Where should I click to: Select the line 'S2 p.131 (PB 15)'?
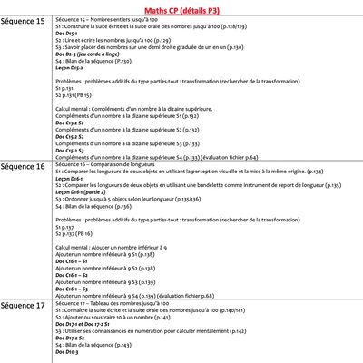pos(74,93)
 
